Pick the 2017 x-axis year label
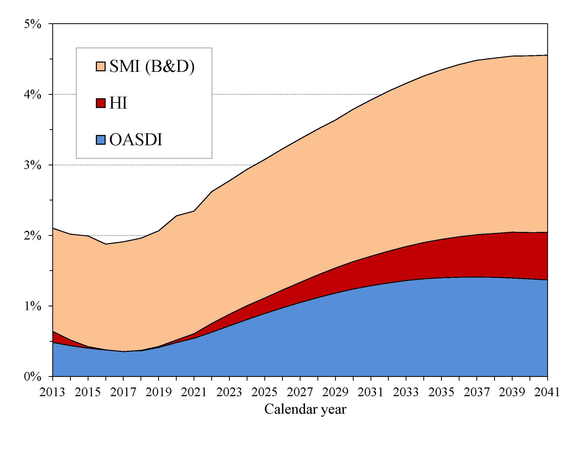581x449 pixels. (x=123, y=392)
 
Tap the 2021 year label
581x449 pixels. (x=194, y=392)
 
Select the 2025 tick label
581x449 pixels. (x=264, y=392)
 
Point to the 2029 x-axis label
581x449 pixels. (x=335, y=392)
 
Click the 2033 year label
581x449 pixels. (x=406, y=392)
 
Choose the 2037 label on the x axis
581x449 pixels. (x=477, y=392)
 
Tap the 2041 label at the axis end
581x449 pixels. (x=547, y=392)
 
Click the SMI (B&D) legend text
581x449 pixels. (x=152, y=66)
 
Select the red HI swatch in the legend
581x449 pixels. (x=101, y=103)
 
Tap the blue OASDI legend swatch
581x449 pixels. (x=101, y=140)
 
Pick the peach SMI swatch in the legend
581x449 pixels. (x=101, y=67)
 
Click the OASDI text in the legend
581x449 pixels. (x=136, y=140)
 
